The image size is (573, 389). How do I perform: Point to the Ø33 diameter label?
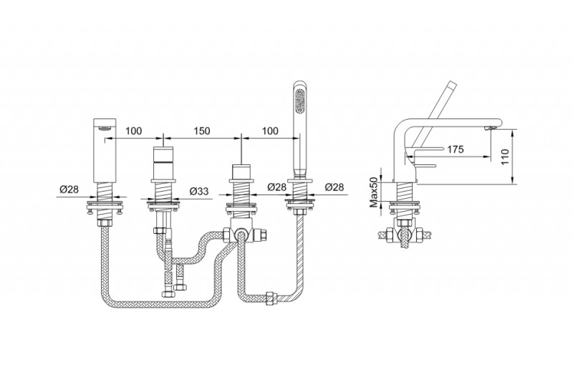[200, 191]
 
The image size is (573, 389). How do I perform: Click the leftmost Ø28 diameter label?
[69, 189]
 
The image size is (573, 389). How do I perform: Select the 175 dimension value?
[456, 149]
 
